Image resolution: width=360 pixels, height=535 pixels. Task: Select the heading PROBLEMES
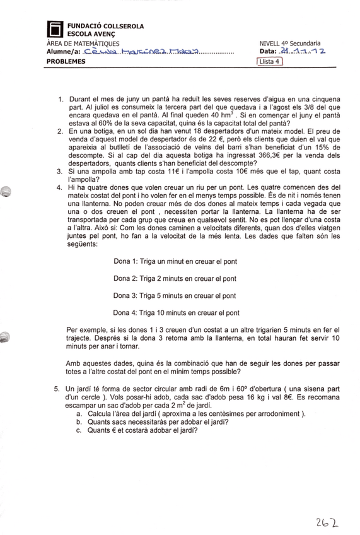coord(66,62)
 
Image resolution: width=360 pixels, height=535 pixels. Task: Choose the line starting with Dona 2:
coord(175,278)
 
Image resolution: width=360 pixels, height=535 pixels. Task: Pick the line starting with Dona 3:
coord(175,295)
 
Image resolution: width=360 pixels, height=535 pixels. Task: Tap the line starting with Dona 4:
coord(176,312)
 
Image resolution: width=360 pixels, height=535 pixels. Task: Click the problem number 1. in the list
coord(61,100)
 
